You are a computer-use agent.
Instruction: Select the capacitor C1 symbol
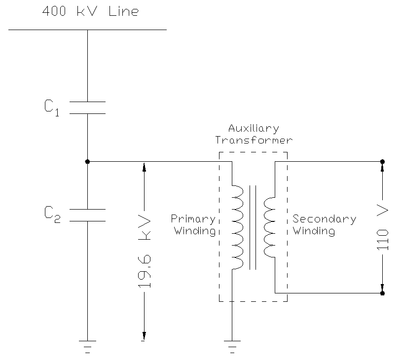click(x=87, y=108)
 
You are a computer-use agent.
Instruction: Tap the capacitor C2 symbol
click(x=87, y=215)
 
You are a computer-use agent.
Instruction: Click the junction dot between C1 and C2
click(x=87, y=161)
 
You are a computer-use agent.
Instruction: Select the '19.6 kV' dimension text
click(x=145, y=251)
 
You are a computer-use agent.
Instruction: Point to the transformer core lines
click(x=253, y=227)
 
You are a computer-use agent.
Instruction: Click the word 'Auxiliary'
click(x=254, y=129)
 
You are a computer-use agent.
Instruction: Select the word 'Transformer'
click(x=254, y=140)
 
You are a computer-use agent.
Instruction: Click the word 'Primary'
click(x=193, y=219)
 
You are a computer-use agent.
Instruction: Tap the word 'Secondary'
click(x=325, y=219)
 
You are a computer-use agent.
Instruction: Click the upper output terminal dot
click(x=383, y=161)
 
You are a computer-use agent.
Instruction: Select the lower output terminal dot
click(x=383, y=293)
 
